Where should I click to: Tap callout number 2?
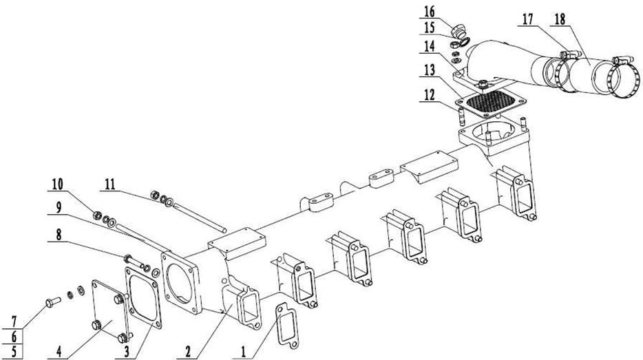click(186, 351)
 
